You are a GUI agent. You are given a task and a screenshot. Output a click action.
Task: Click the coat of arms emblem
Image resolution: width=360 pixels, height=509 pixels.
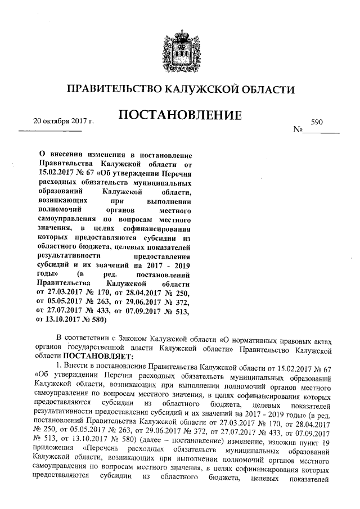180,51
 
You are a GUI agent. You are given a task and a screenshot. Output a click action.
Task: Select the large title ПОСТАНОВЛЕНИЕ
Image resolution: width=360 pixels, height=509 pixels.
180,116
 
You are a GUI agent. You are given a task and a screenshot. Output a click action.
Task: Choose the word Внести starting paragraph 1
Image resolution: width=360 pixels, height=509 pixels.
79,367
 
